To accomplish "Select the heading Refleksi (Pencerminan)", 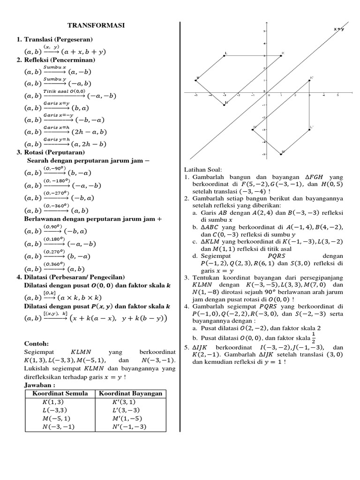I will (x=59, y=60).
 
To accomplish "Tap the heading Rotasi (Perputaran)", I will (x=54, y=152).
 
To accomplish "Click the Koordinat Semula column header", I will (x=59, y=393).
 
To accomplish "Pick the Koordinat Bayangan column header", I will (x=130, y=393).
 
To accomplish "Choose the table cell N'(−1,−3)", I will (x=130, y=427).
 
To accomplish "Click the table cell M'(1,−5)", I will (x=130, y=418).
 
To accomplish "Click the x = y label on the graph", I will (x=339, y=29).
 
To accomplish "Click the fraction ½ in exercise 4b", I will (x=314, y=338).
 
